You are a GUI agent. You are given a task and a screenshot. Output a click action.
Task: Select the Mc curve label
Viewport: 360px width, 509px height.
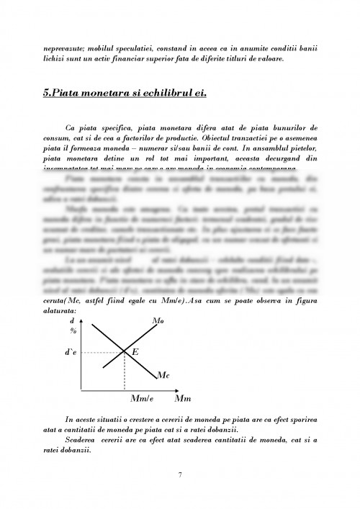[163, 375]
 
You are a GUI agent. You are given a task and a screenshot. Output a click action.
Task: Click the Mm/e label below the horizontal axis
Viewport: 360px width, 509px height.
[142, 398]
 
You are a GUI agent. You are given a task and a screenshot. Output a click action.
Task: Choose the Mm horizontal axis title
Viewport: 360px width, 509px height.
[183, 398]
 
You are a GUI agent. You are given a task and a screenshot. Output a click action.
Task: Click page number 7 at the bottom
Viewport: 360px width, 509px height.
[180, 474]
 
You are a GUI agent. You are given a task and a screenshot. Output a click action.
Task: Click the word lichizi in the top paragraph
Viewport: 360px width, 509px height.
[57, 59]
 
